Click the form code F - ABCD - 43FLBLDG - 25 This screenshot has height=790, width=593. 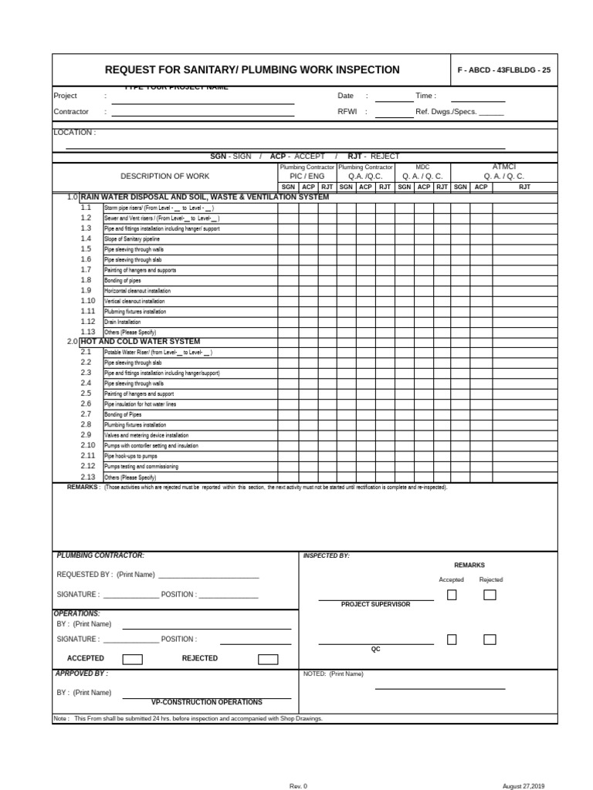click(503, 70)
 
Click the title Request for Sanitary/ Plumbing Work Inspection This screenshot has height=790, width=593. click(252, 70)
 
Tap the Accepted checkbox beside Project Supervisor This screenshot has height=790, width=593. click(452, 594)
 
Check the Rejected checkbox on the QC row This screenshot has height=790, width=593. click(490, 639)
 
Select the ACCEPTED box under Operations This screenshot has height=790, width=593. click(132, 659)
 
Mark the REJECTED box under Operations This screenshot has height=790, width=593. click(267, 659)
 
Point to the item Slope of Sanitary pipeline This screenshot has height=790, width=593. click(132, 239)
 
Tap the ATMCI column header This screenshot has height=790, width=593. click(503, 167)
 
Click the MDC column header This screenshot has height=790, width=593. click(422, 167)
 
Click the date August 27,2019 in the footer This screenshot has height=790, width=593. click(524, 785)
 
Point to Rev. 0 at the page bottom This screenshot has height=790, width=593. click(298, 785)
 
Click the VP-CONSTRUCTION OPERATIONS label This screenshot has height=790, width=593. click(206, 702)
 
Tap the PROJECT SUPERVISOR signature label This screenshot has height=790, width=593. click(375, 604)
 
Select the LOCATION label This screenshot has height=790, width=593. click(74, 133)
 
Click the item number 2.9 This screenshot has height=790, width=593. click(86, 435)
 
